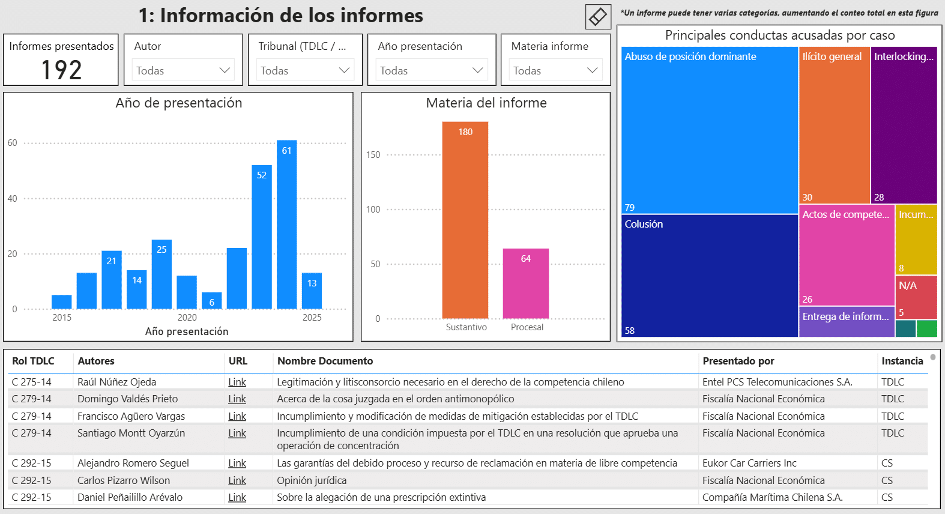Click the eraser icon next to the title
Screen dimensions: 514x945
598,16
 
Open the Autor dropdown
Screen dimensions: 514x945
183,70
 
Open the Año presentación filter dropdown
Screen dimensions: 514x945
431,70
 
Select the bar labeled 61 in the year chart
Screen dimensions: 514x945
286,225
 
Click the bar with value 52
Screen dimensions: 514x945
262,237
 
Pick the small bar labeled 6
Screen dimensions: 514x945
211,300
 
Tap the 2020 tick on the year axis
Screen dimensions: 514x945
187,318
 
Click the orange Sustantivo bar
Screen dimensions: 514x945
465,220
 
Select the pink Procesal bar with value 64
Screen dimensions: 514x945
525,283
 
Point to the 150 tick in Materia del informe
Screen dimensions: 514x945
373,155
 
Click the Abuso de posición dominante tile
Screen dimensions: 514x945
709,130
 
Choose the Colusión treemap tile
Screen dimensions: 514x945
709,276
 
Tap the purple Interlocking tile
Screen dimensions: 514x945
904,125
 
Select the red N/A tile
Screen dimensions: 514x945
916,297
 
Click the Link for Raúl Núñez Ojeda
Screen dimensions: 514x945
237,382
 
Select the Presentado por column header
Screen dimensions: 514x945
738,361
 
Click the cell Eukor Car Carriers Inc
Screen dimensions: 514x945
749,463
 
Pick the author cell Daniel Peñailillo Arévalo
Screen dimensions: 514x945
130,497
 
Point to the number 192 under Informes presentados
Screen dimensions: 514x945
61,70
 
